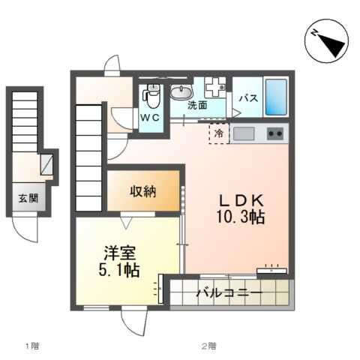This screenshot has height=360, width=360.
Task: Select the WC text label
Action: pos(150,118)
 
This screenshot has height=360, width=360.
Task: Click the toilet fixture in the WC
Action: pos(152,95)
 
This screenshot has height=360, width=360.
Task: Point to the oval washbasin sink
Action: pos(181,92)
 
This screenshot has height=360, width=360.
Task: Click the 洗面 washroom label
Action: pos(198,106)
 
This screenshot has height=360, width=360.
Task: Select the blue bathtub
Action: pos(275,96)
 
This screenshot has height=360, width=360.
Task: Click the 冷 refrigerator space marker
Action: pos(219,133)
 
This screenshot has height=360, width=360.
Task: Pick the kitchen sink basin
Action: pos(244,133)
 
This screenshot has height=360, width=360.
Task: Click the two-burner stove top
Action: pos(275,133)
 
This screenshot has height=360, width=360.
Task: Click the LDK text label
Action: pos(241,201)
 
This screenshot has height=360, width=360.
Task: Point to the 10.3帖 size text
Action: pos(241,218)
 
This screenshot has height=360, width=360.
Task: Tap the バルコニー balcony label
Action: pos(229,292)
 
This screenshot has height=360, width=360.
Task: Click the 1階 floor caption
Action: pos(31,346)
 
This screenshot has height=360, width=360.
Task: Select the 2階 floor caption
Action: pos(208,346)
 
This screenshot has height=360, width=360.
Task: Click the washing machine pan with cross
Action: pos(214,87)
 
